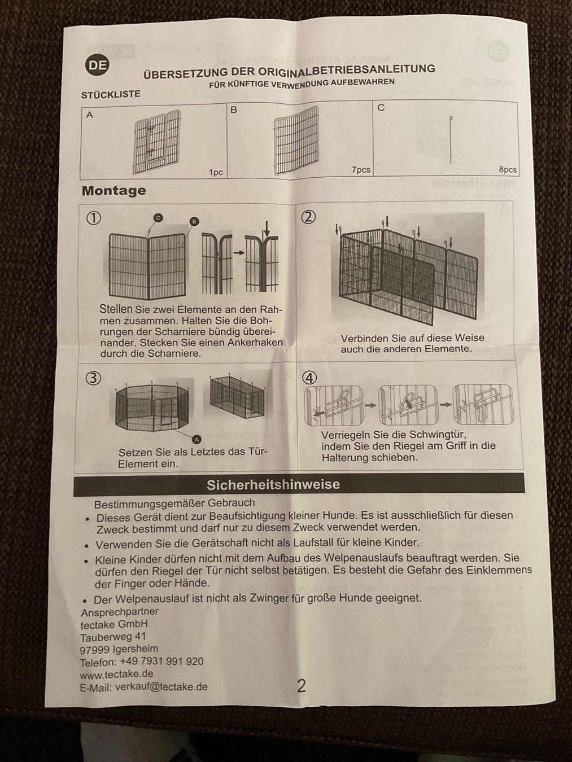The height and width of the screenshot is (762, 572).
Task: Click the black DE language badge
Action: tap(97, 65)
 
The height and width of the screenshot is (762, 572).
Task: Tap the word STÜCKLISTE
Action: tap(111, 94)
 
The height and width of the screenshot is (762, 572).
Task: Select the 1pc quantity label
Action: tap(216, 172)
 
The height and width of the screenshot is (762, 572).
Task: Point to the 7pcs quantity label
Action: tap(361, 169)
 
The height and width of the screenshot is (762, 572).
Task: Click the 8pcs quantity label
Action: tap(507, 169)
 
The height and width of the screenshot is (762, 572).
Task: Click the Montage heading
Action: tap(113, 191)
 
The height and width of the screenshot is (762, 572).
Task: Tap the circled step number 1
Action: tap(93, 218)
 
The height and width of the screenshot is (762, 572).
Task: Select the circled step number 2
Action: tap(308, 217)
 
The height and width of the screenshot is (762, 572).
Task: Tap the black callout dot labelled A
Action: tap(197, 439)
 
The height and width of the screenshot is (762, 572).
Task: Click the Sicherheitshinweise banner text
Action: tap(273, 485)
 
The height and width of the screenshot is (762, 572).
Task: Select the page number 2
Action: tap(302, 686)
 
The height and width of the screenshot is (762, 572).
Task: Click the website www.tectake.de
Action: tap(116, 674)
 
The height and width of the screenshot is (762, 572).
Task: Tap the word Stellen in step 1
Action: tap(116, 309)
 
